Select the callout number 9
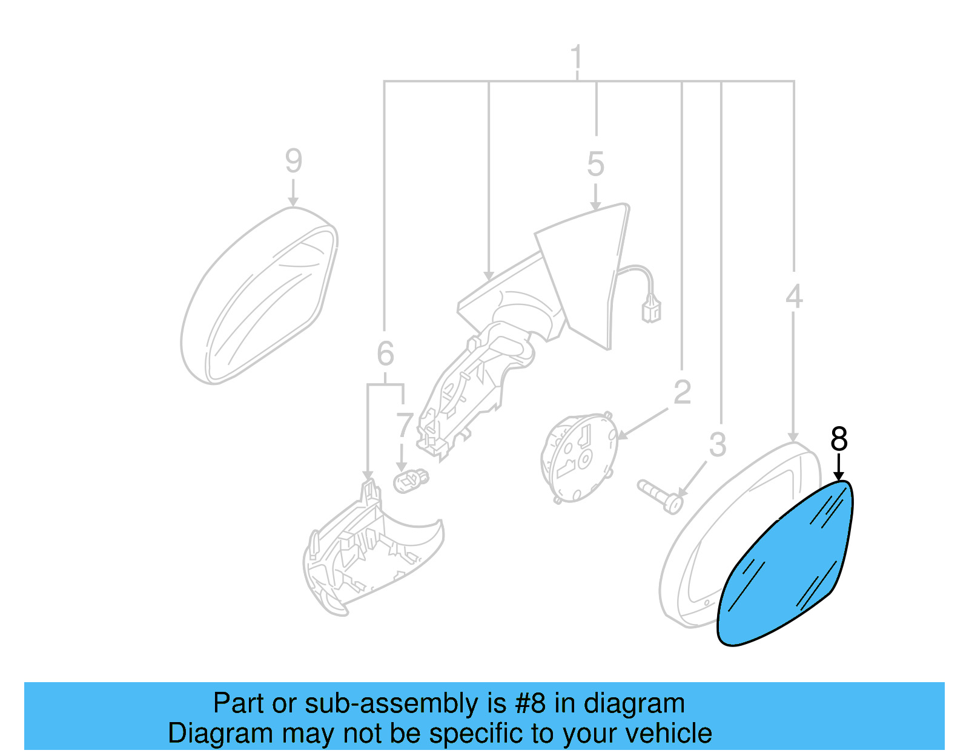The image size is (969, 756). point(293,161)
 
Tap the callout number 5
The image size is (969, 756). point(595,164)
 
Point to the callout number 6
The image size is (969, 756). point(385,354)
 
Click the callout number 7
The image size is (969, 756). point(404,426)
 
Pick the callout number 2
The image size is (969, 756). point(682,392)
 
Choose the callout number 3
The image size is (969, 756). point(717,445)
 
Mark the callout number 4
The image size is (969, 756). point(793,297)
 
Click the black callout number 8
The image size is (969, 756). point(839,439)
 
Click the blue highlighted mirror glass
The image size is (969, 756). point(787,569)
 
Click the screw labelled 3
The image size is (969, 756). point(660,496)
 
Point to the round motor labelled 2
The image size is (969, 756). point(578,458)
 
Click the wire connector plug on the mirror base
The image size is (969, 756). point(651,311)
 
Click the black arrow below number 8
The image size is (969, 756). point(839,469)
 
